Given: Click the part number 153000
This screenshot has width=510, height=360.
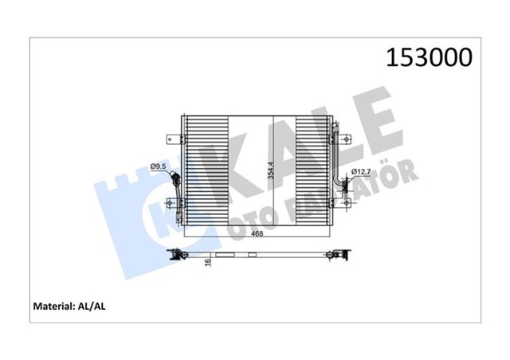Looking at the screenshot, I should pyautogui.click(x=429, y=57).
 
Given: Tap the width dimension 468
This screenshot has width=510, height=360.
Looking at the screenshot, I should pyautogui.click(x=259, y=235).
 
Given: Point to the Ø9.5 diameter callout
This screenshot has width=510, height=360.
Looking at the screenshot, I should pyautogui.click(x=158, y=166).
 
